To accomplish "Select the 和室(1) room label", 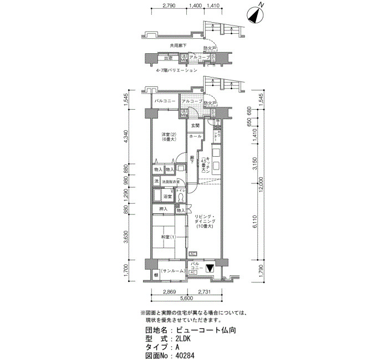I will (x=168, y=238).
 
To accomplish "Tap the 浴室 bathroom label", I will (x=167, y=197).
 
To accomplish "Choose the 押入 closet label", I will (x=163, y=209).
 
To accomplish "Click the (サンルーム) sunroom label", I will (x=173, y=270).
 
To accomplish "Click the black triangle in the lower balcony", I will (x=210, y=269).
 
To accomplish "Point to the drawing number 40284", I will (x=185, y=356).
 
